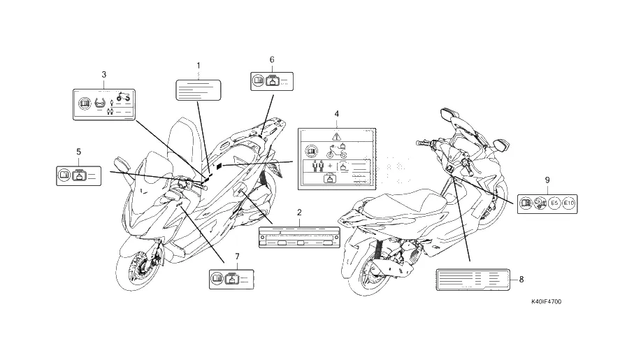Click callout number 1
[x=198, y=65]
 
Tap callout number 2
[x=299, y=211]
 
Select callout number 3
[x=103, y=74]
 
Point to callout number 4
[x=336, y=113]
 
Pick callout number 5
[x=78, y=151]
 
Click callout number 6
[x=272, y=59]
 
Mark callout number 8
[x=521, y=280]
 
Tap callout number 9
[x=547, y=180]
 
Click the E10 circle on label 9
[x=568, y=203]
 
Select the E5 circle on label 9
[x=554, y=203]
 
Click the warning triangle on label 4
[x=336, y=136]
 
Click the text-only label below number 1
[x=198, y=91]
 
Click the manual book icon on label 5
[x=64, y=175]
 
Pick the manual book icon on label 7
[x=217, y=281]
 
